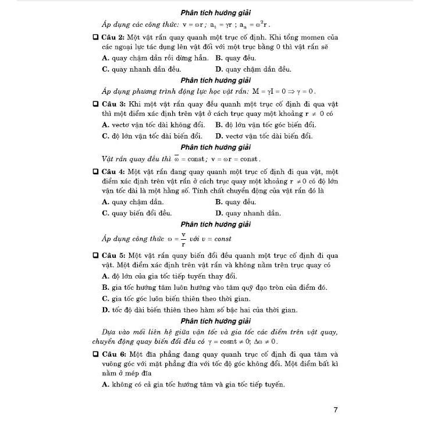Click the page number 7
coord(336,410)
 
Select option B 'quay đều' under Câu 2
coord(235,58)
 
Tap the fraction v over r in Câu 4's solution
coord(183,239)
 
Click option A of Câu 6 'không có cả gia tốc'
coord(193,385)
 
